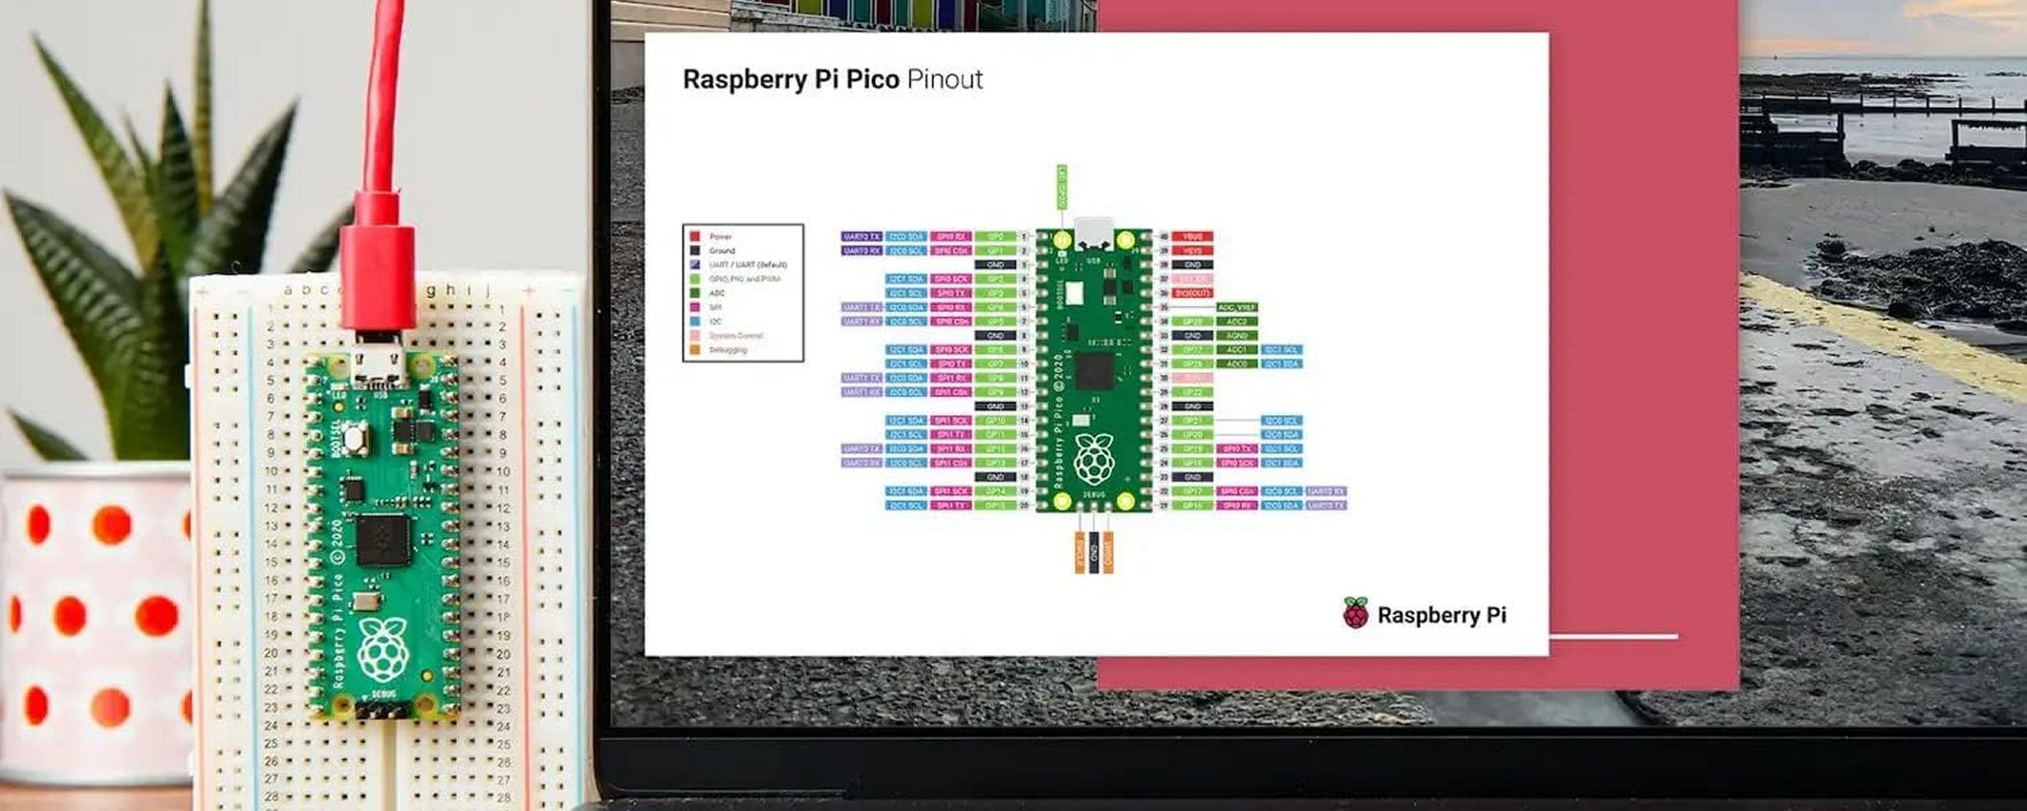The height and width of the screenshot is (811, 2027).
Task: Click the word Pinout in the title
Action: [x=944, y=79]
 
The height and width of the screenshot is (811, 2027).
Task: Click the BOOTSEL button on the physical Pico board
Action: [x=356, y=439]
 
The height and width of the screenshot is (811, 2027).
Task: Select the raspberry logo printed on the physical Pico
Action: [x=382, y=649]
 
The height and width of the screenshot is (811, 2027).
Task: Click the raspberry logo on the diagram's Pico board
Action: [x=1094, y=460]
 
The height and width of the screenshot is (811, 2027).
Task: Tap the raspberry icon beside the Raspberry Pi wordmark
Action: [x=1355, y=613]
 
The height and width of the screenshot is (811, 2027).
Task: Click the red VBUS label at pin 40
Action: [x=1192, y=236]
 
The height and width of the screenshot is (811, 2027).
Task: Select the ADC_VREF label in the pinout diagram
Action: [x=1236, y=307]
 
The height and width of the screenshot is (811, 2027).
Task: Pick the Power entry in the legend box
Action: [x=719, y=236]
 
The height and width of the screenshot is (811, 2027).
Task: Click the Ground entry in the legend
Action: [x=721, y=251]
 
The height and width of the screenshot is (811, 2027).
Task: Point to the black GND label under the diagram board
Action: [x=1094, y=553]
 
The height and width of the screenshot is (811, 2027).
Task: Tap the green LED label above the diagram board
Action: [x=1061, y=187]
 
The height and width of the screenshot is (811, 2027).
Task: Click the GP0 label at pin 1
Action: [x=995, y=236]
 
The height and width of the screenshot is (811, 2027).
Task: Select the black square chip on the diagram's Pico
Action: [x=1095, y=371]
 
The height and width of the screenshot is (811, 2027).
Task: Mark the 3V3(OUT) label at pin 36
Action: [x=1192, y=293]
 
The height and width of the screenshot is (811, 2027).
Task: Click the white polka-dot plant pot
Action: [x=96, y=622]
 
